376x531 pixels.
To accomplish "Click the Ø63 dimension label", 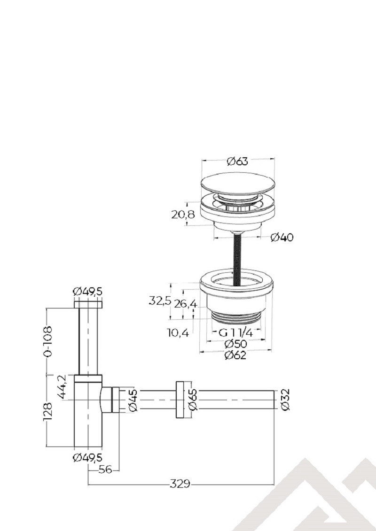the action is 237,162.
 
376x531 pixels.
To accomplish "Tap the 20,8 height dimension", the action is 183,215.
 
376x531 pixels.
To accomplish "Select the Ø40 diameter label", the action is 282,238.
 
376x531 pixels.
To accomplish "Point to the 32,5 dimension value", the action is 160,301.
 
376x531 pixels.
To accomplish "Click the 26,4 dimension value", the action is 185,304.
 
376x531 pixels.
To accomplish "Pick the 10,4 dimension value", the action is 178,333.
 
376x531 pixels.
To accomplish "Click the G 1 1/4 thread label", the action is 236,333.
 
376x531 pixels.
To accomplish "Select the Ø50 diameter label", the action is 235,344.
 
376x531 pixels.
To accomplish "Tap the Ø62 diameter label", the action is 235,355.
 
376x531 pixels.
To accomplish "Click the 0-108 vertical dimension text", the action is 48,341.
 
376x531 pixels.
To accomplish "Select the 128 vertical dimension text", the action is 48,411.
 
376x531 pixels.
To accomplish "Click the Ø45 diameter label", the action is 133,400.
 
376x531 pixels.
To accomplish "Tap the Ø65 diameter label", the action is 192,400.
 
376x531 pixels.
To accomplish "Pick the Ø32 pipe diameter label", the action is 285,400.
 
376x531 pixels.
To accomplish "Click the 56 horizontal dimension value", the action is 105,470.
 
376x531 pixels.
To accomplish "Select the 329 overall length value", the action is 180,484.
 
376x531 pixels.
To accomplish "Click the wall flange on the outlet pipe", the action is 180,400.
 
